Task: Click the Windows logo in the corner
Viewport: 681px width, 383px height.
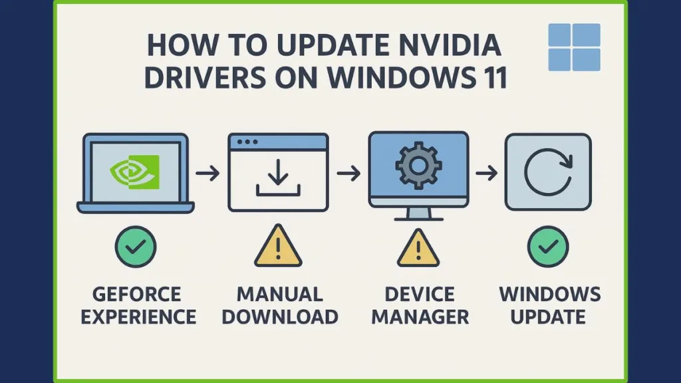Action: tap(574, 47)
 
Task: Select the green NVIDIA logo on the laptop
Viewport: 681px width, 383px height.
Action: tap(134, 172)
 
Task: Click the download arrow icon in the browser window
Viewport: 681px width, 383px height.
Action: tap(278, 178)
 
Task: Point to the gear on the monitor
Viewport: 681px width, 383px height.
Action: tap(419, 166)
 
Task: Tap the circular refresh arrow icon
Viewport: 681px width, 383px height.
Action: tap(548, 172)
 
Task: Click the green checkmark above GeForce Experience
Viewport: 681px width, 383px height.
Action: tap(136, 247)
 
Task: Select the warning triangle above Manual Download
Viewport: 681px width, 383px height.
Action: tap(278, 246)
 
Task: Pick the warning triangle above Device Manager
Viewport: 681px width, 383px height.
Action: tap(418, 249)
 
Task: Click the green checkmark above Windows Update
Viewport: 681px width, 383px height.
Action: tap(548, 247)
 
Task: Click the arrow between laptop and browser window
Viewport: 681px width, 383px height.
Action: tap(207, 174)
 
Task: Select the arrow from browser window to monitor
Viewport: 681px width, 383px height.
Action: tap(348, 174)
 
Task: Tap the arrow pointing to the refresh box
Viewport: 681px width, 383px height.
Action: tap(487, 174)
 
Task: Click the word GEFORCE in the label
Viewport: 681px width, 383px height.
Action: tap(137, 295)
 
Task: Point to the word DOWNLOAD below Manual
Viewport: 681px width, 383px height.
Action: tap(280, 317)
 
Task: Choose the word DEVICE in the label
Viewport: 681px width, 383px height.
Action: tap(420, 295)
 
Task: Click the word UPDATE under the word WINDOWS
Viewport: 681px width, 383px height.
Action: tap(548, 317)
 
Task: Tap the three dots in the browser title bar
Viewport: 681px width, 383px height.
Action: tap(247, 142)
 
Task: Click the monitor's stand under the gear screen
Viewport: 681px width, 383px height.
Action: tap(419, 214)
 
